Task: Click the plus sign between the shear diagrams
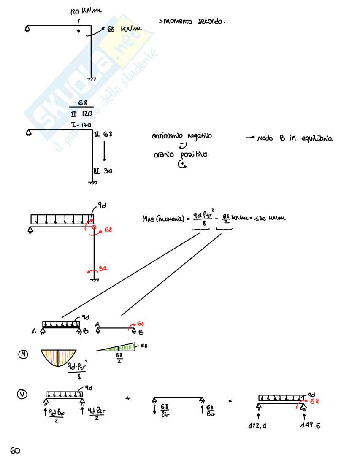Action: click(x=127, y=397)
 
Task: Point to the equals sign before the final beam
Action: click(x=230, y=400)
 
